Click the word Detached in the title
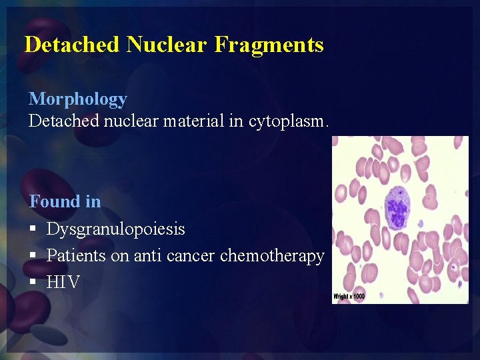72,45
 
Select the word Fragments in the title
269,45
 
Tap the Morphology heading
77,99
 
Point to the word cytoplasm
289,121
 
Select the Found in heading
65,201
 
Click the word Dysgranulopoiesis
116,229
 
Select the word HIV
63,283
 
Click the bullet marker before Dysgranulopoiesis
33,229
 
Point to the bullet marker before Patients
33,256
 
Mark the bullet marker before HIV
33,283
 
